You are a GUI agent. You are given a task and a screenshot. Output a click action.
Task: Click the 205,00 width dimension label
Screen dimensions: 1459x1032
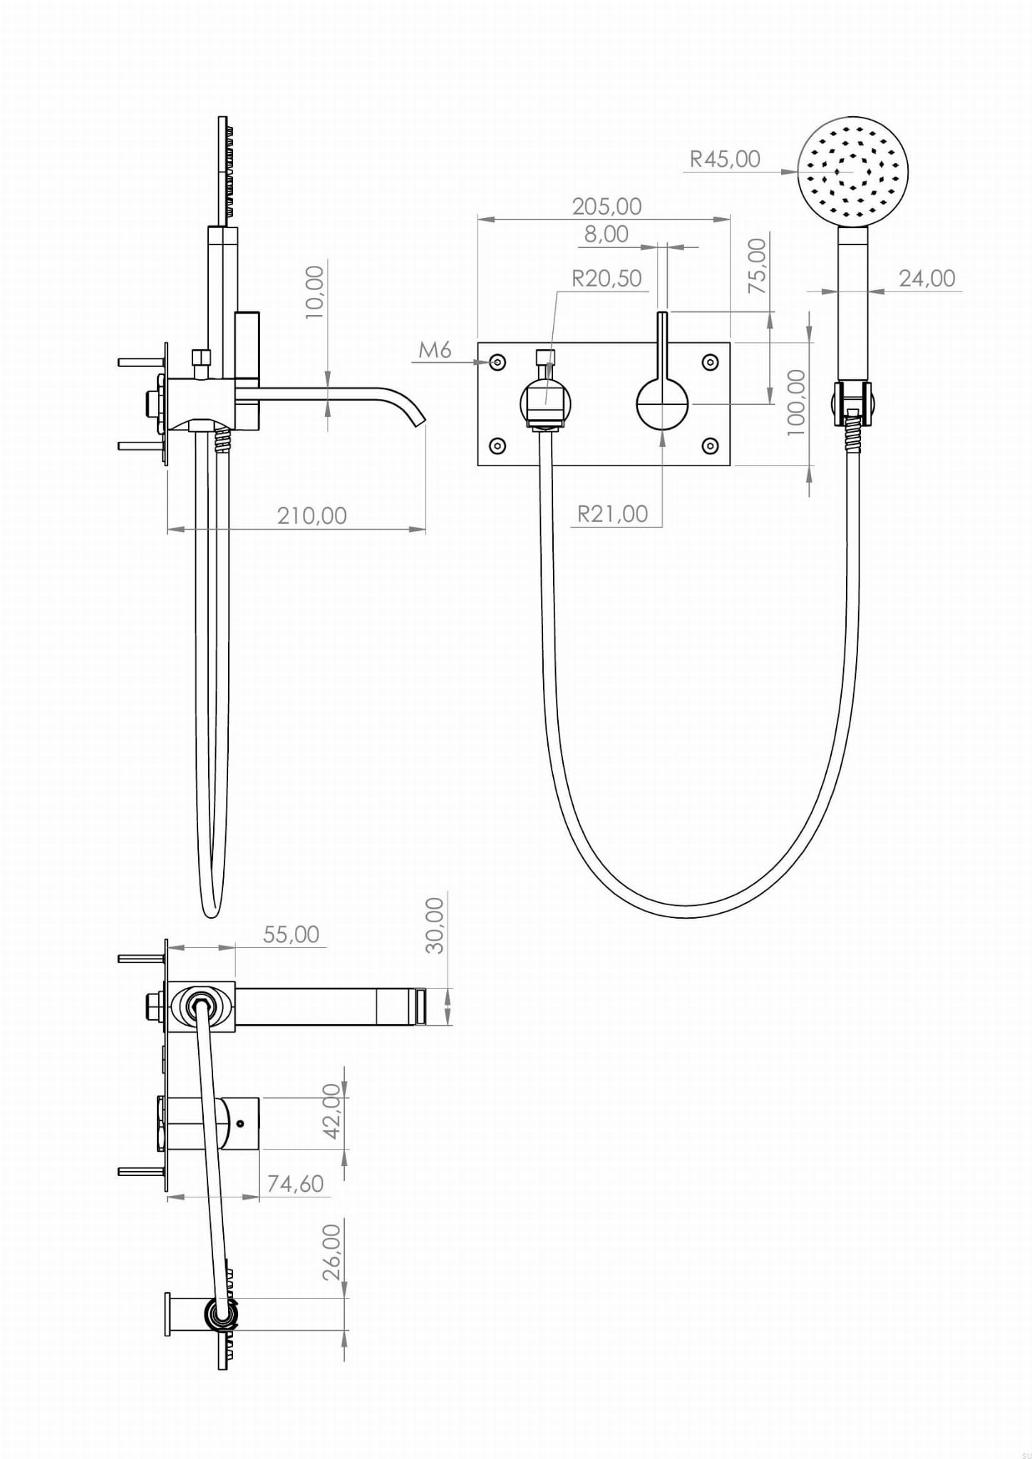607,206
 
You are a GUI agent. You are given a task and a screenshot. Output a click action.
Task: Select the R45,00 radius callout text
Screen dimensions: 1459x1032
725,158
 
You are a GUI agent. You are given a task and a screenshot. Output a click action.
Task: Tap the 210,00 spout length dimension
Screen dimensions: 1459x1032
311,515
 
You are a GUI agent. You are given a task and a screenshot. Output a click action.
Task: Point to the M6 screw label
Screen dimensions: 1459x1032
435,350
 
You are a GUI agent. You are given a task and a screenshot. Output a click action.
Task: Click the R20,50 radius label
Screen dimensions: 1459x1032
607,278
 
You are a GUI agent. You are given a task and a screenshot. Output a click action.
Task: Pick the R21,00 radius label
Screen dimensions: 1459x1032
612,514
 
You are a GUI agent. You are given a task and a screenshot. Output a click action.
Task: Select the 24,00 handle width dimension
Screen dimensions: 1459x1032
927,278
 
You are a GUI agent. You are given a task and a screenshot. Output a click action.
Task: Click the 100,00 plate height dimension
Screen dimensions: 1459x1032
795,403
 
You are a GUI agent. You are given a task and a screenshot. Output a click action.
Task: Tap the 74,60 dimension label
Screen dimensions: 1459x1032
295,1183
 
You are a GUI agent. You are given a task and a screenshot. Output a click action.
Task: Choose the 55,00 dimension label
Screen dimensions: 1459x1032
291,934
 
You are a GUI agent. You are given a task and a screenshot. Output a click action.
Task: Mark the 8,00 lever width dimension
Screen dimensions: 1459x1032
607,234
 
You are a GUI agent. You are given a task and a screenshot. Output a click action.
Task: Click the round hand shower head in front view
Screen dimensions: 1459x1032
852,172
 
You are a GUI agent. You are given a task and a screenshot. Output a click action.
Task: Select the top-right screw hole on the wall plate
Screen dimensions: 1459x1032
710,363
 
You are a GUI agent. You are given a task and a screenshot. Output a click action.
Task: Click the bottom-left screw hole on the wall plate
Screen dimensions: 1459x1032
497,446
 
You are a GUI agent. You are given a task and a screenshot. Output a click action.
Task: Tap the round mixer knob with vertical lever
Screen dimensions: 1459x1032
663,404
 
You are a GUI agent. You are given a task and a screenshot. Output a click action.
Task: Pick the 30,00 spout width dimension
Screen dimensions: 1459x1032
434,925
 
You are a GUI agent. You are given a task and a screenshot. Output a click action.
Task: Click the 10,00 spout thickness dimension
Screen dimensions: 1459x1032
314,292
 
